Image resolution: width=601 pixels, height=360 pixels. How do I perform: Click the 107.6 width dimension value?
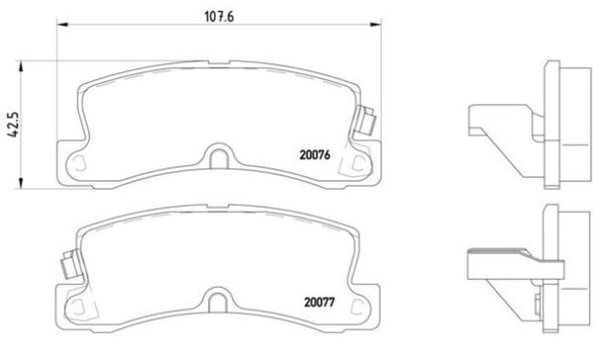[219, 17]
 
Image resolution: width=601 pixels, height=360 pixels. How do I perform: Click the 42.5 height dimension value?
[13, 125]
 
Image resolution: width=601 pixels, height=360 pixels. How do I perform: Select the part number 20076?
[315, 155]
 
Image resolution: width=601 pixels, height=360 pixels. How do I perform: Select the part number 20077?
[319, 302]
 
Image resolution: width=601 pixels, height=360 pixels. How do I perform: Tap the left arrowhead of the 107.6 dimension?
[62, 25]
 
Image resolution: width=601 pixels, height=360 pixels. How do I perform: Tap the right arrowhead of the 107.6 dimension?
[376, 25]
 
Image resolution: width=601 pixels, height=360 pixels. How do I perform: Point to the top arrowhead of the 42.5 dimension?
[20, 66]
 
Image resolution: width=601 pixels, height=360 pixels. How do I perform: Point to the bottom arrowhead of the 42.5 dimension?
[20, 183]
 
